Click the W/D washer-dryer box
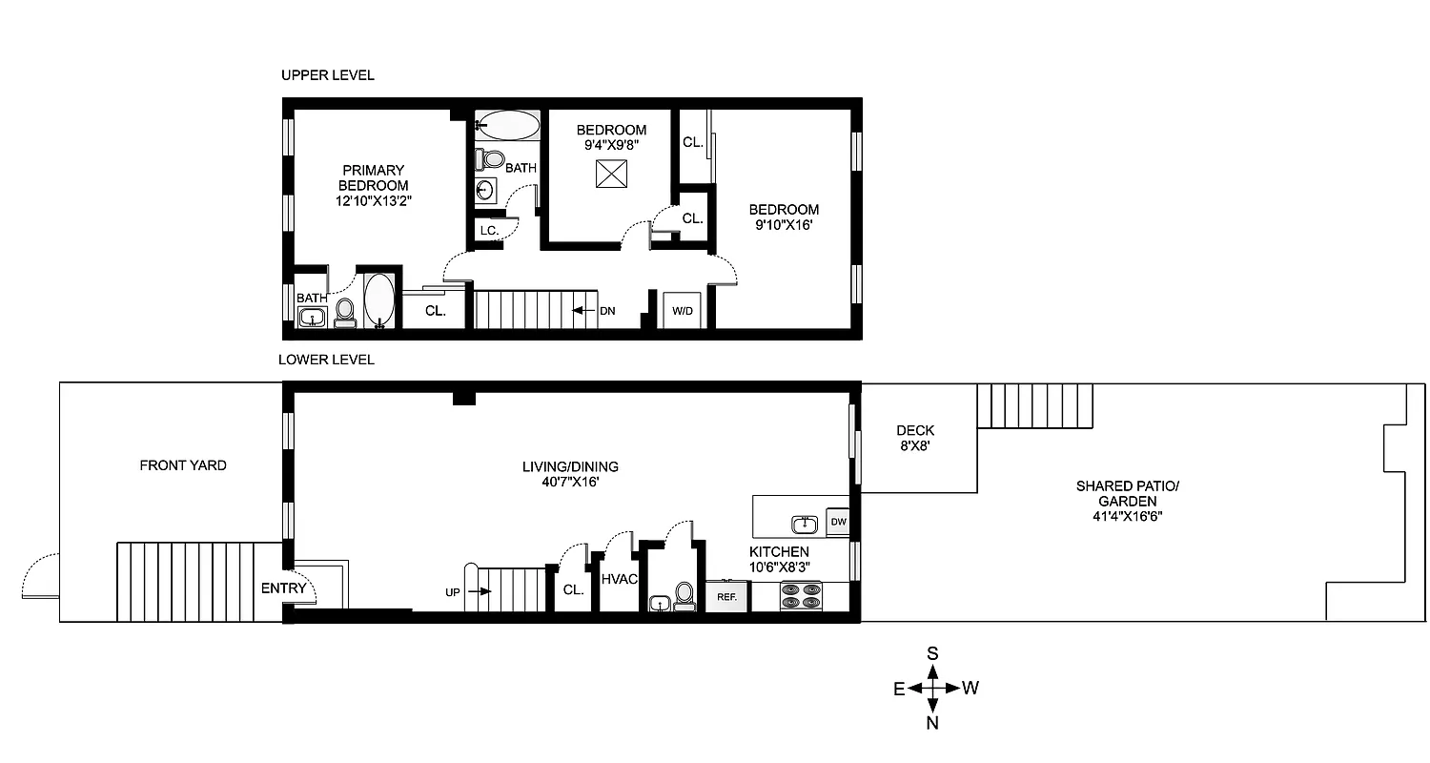pyautogui.click(x=683, y=310)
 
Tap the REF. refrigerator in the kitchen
pyautogui.click(x=727, y=596)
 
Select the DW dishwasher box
pyautogui.click(x=838, y=522)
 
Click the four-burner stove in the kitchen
pyautogui.click(x=800, y=596)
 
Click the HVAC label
pyautogui.click(x=618, y=578)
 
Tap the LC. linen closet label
pyautogui.click(x=489, y=231)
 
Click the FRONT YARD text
pyautogui.click(x=183, y=465)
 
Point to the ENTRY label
pyautogui.click(x=284, y=588)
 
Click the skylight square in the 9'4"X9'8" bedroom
pyautogui.click(x=609, y=175)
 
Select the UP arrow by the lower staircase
pyautogui.click(x=477, y=591)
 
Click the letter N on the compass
pyautogui.click(x=933, y=723)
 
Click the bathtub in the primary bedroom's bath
pyautogui.click(x=378, y=300)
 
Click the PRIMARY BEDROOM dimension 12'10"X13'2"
pyautogui.click(x=373, y=201)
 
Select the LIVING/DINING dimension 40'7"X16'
pyautogui.click(x=570, y=483)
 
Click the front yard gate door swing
pyautogui.click(x=38, y=576)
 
